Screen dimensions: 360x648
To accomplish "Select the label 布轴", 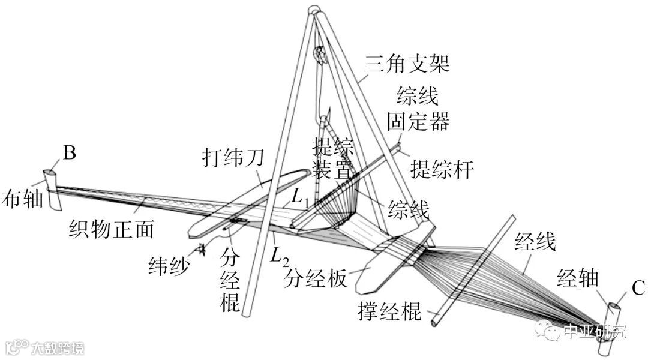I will (x=22, y=199).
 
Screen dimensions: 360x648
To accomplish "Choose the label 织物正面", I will (x=111, y=229).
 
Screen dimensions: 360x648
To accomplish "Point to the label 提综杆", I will (x=442, y=170).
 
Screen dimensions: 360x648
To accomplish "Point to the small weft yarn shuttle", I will (x=200, y=249).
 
